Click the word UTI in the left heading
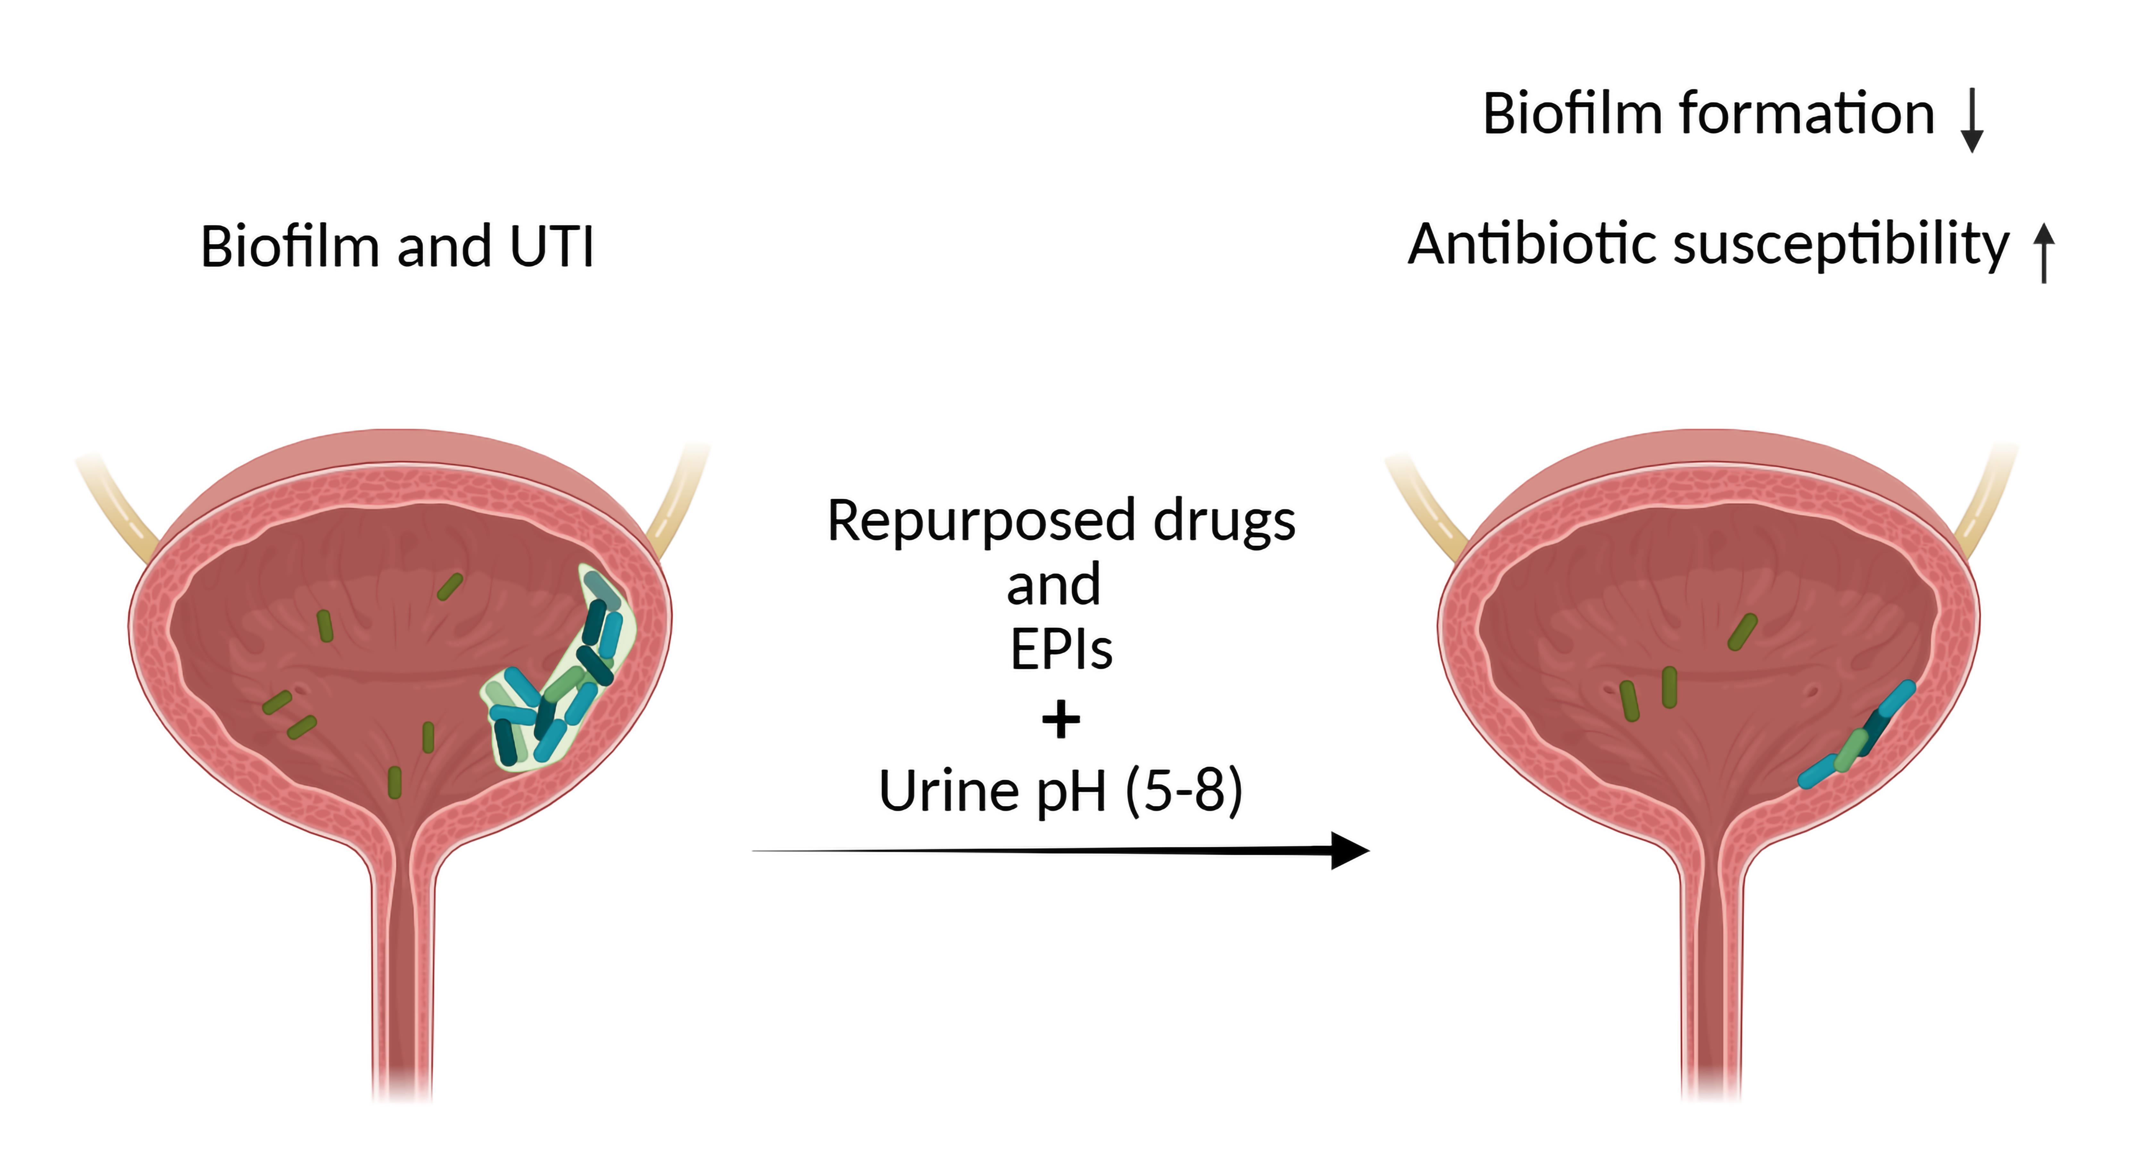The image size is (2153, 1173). click(x=551, y=248)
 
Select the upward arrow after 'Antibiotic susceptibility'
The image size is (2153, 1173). click(x=2044, y=252)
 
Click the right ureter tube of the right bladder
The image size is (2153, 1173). click(x=1989, y=502)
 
